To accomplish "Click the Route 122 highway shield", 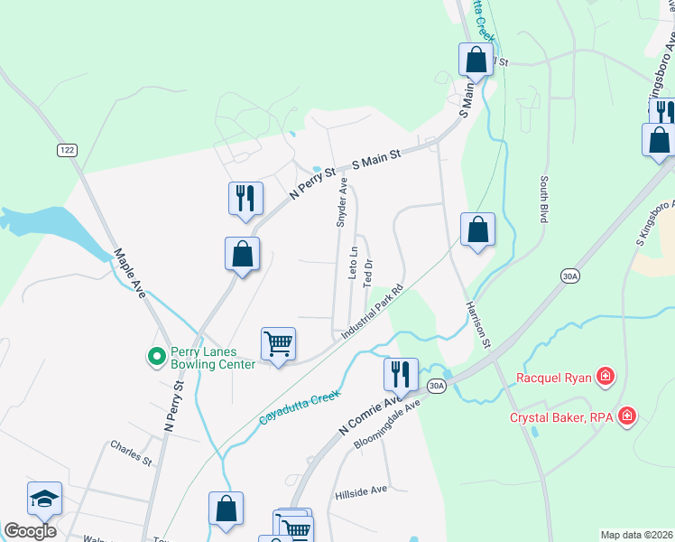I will [x=66, y=149].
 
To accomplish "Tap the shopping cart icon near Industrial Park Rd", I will [x=279, y=343].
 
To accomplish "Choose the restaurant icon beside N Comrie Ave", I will [x=401, y=372].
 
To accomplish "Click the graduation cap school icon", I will [x=44, y=499].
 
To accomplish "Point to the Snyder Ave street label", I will [x=342, y=201].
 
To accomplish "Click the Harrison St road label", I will [x=477, y=325].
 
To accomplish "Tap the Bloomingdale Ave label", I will [x=388, y=425].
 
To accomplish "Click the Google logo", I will [x=30, y=531].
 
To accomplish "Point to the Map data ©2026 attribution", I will [x=636, y=535].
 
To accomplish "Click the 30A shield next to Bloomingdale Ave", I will [x=437, y=386].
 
